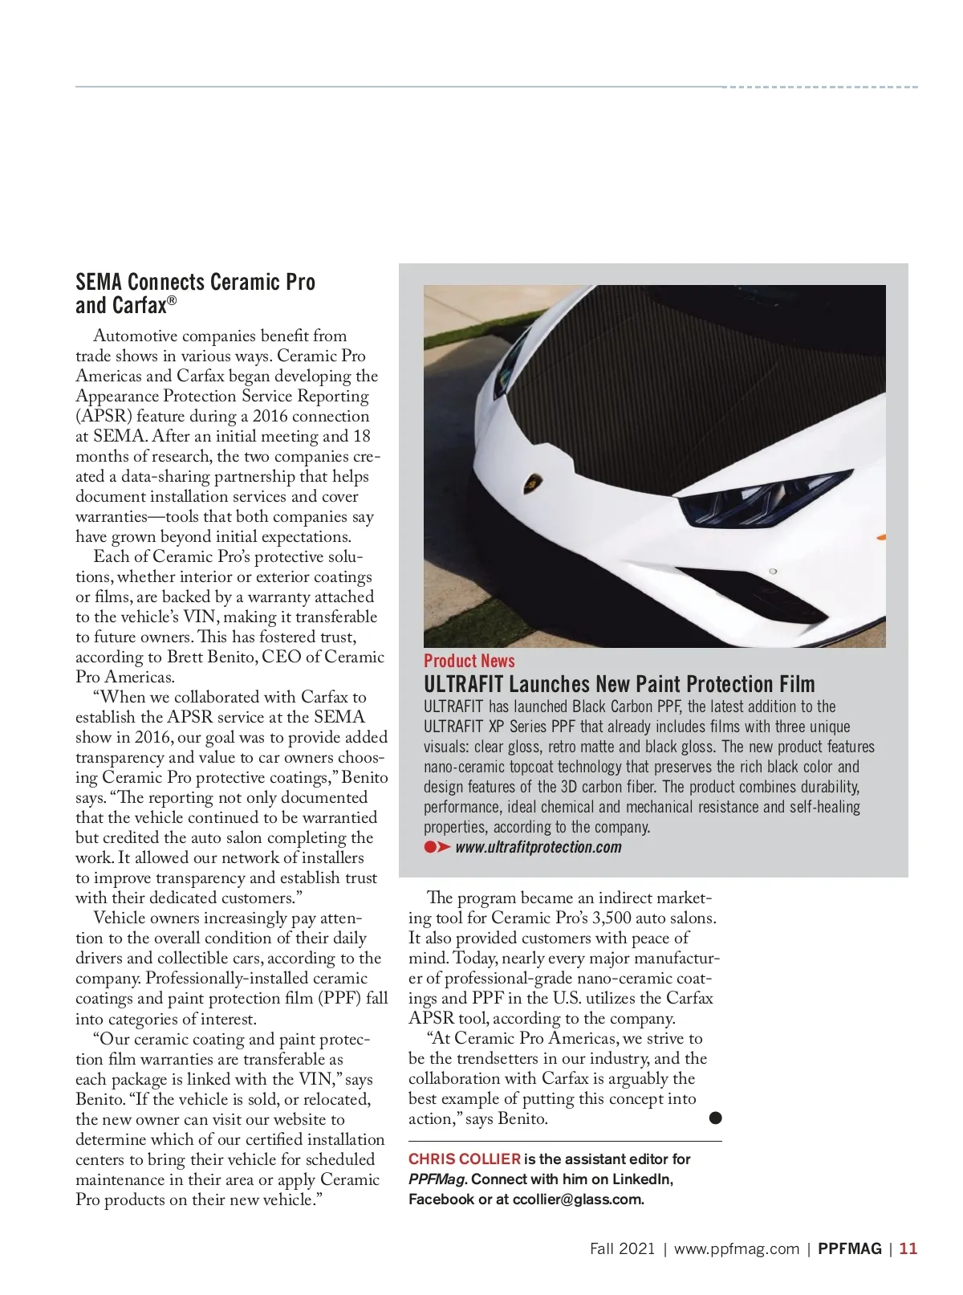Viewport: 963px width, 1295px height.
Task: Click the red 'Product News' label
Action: [x=469, y=661]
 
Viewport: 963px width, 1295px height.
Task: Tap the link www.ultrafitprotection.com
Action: [x=538, y=847]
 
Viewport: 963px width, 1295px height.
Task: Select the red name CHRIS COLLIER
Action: [x=464, y=1159]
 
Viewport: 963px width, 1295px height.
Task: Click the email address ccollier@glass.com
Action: [x=577, y=1199]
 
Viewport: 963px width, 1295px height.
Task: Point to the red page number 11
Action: [x=908, y=1248]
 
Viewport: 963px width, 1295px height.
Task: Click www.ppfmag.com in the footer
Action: [x=737, y=1248]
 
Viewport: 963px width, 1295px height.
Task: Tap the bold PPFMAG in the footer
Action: [x=849, y=1248]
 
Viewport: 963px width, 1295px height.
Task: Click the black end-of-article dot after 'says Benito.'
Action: [x=716, y=1118]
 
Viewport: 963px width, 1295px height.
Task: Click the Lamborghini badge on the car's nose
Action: [x=533, y=484]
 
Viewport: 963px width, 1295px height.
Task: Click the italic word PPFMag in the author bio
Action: [x=437, y=1179]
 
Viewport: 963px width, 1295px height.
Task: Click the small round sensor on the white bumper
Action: [x=772, y=571]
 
